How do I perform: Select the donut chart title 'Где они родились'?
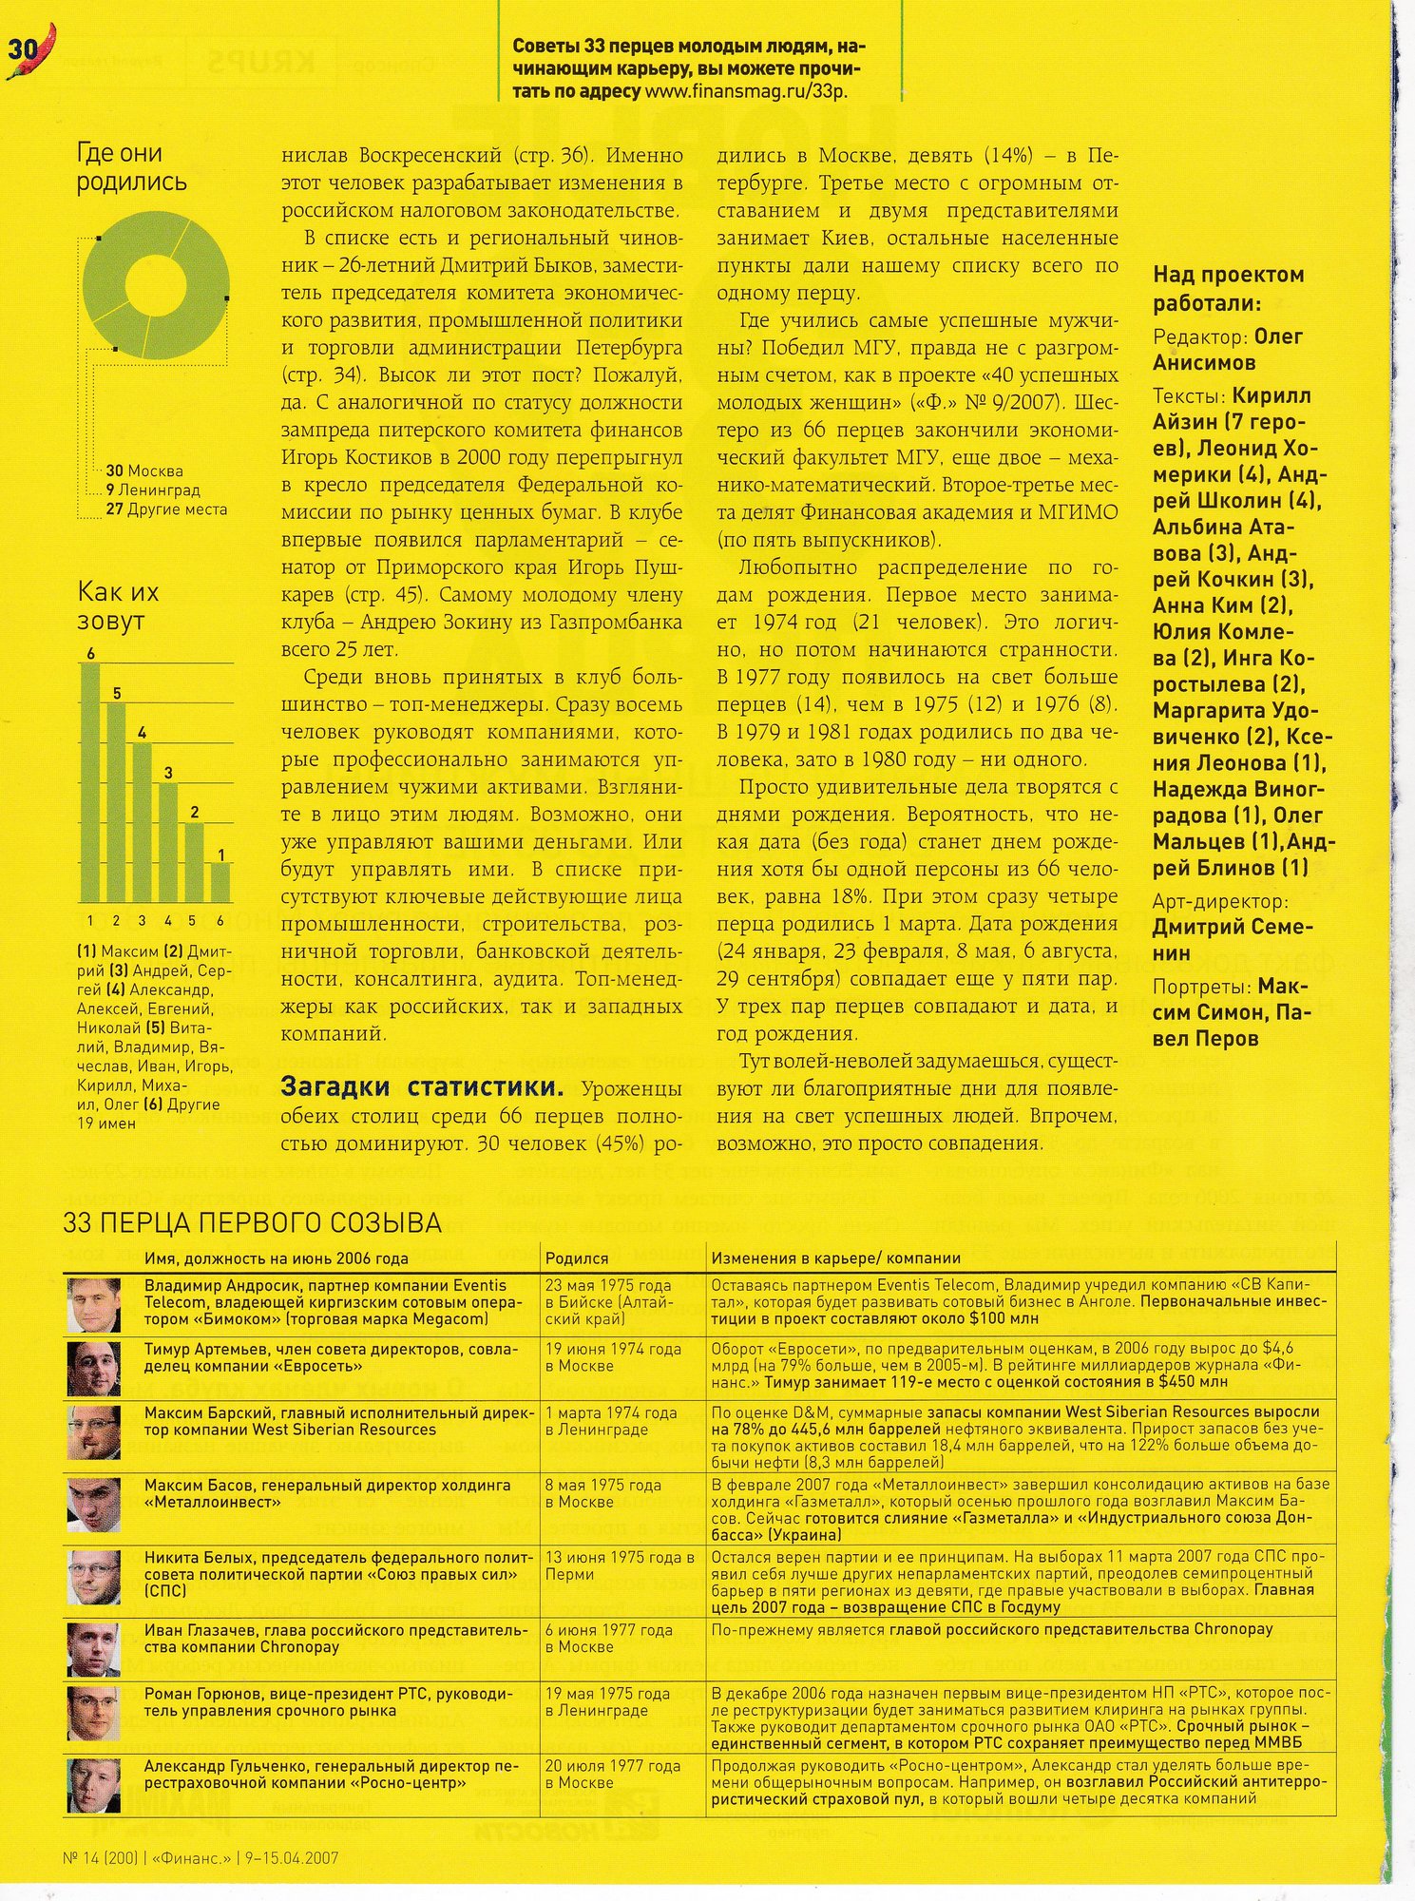point(132,167)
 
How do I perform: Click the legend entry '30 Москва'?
point(144,470)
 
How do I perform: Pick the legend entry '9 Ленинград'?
point(152,490)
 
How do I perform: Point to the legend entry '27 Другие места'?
point(166,509)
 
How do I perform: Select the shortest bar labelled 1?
point(220,881)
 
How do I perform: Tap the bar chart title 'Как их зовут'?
point(118,606)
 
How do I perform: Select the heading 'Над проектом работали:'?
point(1228,289)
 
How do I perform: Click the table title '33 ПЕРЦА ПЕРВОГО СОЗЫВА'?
point(252,1223)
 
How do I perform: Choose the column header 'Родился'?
point(577,1258)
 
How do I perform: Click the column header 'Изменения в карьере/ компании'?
point(835,1258)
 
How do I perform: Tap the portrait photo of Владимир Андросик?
point(94,1304)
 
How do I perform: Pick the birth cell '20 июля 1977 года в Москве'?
point(612,1774)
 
